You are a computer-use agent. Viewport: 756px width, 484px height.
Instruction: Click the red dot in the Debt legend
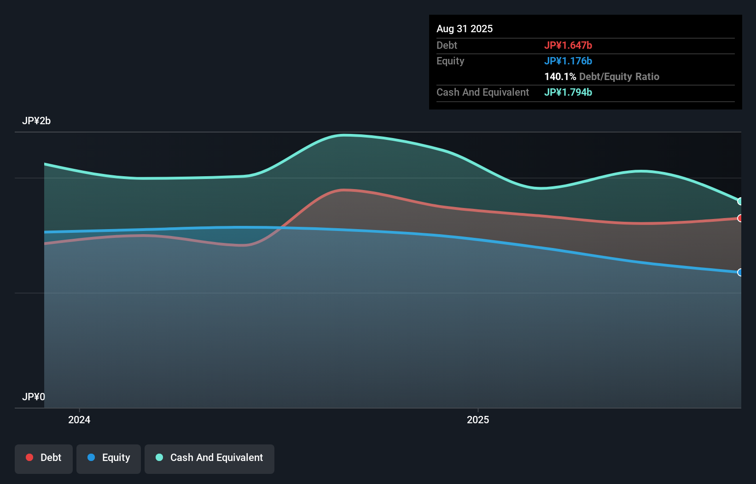point(29,457)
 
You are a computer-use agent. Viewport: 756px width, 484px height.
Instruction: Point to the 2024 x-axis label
point(79,420)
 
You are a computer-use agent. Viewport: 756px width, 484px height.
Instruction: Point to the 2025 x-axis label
point(478,420)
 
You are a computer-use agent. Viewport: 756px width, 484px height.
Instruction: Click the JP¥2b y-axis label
point(36,121)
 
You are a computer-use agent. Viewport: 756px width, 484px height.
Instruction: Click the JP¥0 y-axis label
point(34,397)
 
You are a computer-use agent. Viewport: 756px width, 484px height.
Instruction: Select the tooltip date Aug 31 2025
point(465,29)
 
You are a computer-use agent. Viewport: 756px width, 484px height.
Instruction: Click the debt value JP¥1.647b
point(568,46)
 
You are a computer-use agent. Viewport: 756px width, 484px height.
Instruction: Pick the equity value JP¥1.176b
point(568,61)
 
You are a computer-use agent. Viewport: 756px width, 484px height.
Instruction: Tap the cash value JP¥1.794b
point(568,92)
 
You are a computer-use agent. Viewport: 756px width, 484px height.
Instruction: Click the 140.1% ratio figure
point(560,77)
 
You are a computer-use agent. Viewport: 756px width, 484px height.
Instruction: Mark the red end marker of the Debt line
point(740,218)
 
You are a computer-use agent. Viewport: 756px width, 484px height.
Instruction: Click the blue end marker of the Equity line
point(740,272)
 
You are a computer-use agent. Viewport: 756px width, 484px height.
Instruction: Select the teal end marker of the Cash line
point(740,201)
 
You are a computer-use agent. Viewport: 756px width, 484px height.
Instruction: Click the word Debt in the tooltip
point(447,46)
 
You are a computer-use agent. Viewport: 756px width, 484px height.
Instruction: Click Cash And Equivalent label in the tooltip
point(483,92)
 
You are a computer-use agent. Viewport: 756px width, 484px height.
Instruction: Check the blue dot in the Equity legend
point(91,457)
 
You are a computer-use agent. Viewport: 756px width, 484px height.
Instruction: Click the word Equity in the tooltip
point(450,61)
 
